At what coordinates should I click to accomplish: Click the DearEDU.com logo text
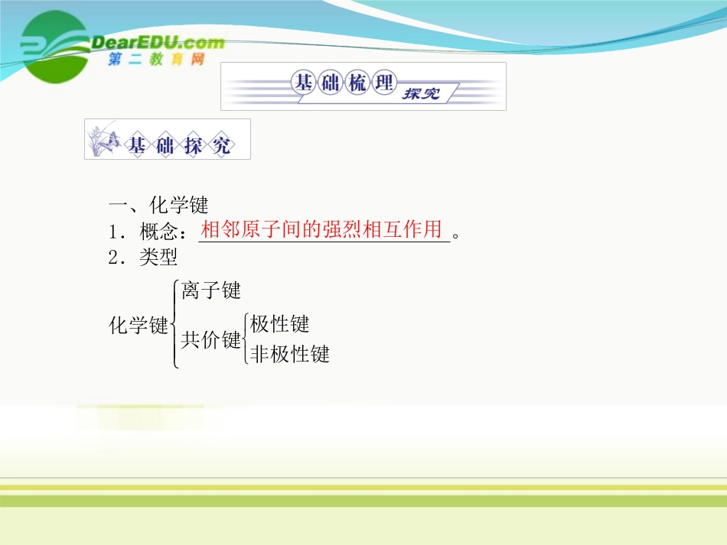pos(157,42)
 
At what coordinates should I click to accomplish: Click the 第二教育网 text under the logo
pos(156,60)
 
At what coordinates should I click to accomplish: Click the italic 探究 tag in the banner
pos(420,93)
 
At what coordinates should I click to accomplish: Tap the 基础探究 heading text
pos(179,145)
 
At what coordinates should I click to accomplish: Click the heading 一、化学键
pos(158,205)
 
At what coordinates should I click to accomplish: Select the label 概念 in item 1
pos(163,232)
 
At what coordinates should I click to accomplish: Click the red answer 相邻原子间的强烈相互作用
pos(322,229)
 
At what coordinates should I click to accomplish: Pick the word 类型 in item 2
pos(158,258)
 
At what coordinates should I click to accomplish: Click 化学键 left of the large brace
pos(139,325)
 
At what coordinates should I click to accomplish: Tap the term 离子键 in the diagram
pos(211,290)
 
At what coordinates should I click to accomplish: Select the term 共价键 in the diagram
pos(210,340)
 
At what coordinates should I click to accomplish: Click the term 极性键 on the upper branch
pos(280,324)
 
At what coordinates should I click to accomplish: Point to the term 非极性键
pos(290,354)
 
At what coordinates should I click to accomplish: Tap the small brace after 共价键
pos(245,339)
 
